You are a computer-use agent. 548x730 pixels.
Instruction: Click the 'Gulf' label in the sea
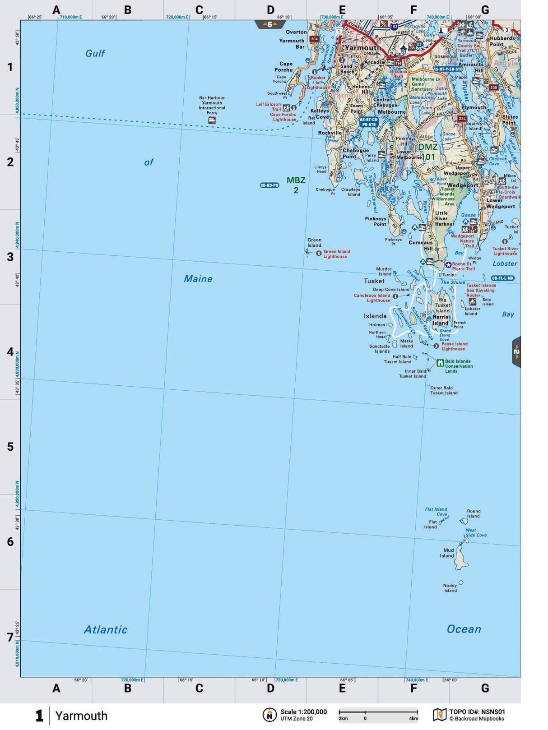click(x=95, y=53)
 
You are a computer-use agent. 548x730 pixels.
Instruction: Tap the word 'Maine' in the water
click(x=198, y=279)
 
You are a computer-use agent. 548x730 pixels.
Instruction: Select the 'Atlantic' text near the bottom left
click(x=106, y=629)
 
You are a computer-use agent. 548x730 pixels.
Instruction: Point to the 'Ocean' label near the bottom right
click(x=464, y=629)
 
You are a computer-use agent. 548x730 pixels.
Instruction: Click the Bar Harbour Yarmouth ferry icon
click(x=211, y=120)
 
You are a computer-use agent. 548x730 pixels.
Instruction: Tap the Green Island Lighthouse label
click(x=336, y=254)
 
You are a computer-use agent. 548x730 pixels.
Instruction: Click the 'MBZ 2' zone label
click(x=296, y=185)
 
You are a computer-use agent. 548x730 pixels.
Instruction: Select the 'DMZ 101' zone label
click(x=427, y=152)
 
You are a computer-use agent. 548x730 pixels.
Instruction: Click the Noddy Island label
click(x=450, y=588)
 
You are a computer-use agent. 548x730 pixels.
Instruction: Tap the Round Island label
click(x=473, y=513)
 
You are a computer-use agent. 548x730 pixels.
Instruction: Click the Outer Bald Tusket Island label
click(x=443, y=390)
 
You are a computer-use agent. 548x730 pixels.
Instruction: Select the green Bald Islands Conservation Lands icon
click(x=440, y=363)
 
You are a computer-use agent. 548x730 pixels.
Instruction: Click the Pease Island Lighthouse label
click(x=454, y=346)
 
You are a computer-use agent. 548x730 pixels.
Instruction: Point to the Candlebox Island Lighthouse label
click(x=372, y=298)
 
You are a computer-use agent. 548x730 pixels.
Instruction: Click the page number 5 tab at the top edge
click(x=270, y=24)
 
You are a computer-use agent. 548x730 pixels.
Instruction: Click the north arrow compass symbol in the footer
click(x=269, y=715)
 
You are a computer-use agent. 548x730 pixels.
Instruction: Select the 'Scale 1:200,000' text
click(x=303, y=712)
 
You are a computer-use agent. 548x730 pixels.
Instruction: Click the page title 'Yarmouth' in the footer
click(x=81, y=716)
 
